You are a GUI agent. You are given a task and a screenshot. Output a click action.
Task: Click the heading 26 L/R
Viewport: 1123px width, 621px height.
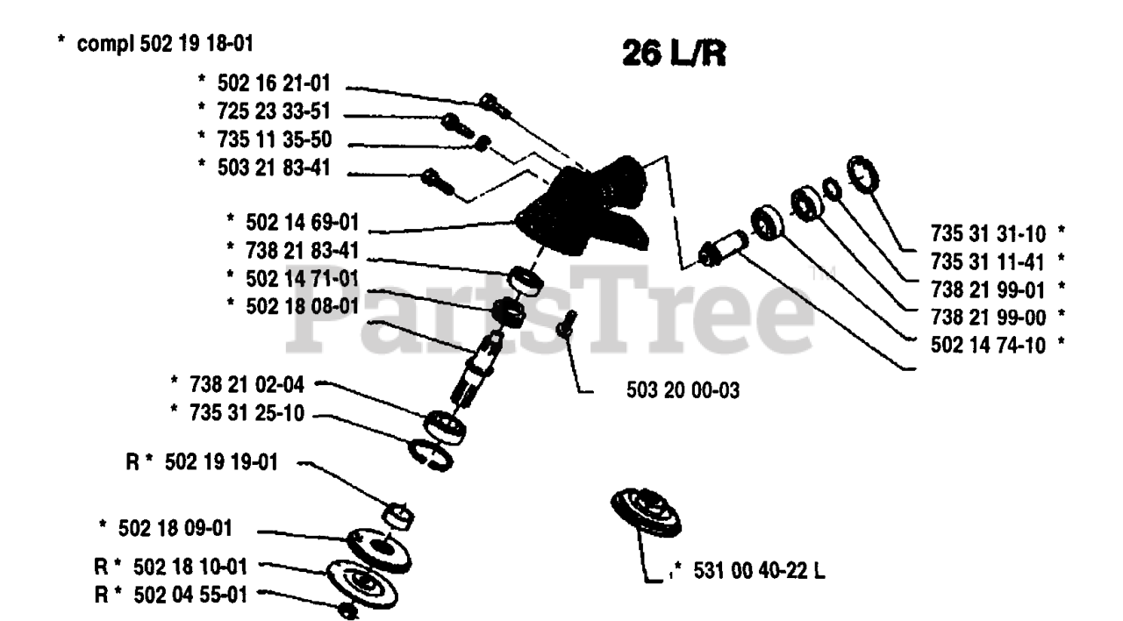[674, 54]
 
